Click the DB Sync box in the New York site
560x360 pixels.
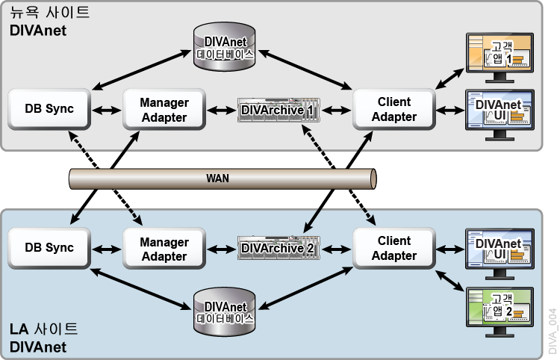(49, 109)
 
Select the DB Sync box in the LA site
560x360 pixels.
(49, 249)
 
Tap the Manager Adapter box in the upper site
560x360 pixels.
(164, 109)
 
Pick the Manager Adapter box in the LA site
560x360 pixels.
(164, 249)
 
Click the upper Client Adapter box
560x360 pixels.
(394, 109)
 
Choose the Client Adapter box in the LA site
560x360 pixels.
(394, 249)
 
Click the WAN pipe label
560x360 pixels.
(218, 179)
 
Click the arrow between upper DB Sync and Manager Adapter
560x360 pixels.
(107, 110)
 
